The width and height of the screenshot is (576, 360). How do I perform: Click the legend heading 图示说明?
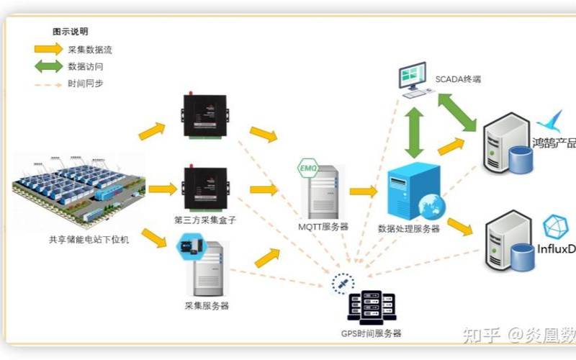click(71, 32)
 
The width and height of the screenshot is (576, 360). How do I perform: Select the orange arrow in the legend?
click(48, 50)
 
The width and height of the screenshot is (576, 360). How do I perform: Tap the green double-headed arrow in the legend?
click(48, 66)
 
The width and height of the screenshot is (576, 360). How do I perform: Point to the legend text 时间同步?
click(86, 84)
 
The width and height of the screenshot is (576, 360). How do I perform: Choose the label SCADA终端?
click(457, 78)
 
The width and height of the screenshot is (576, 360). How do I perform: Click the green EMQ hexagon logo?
click(307, 170)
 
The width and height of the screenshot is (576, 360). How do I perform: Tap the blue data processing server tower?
click(413, 190)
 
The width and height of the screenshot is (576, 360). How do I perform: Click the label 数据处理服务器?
click(408, 229)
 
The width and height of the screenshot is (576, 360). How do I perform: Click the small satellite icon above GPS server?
click(341, 284)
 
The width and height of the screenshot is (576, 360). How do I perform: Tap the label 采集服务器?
click(207, 306)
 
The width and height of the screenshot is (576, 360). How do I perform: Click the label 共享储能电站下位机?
click(79, 239)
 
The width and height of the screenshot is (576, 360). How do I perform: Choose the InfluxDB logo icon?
click(555, 227)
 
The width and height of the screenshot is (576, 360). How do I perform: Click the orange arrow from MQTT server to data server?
click(364, 192)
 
